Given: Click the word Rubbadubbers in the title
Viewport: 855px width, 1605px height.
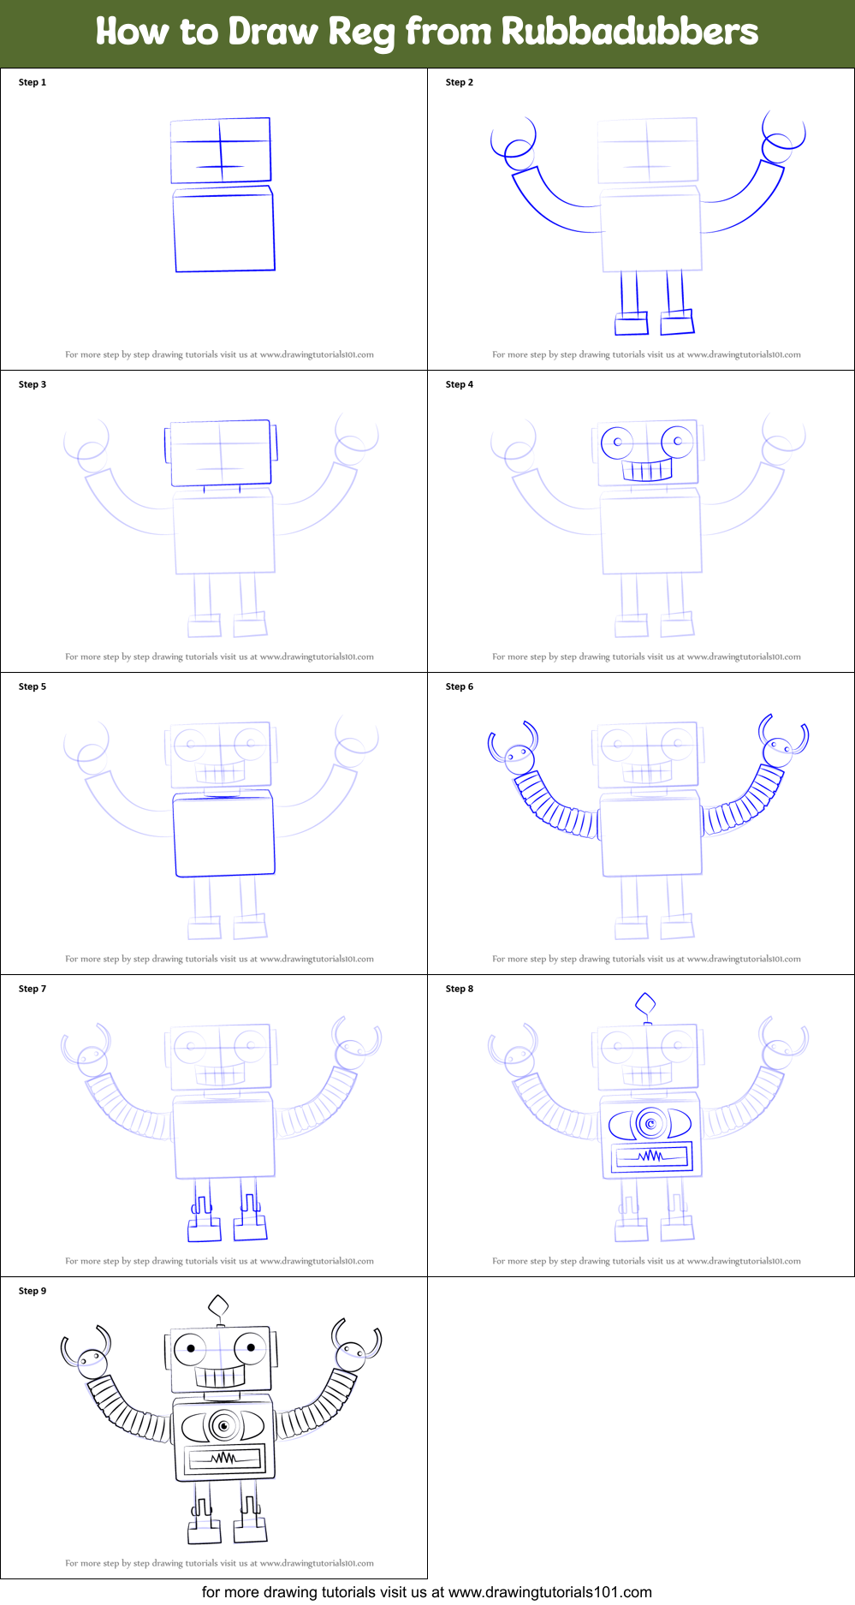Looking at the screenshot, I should click(x=629, y=32).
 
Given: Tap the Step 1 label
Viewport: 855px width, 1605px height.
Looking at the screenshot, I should click(x=33, y=82).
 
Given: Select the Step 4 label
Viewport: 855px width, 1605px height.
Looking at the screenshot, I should click(x=459, y=384).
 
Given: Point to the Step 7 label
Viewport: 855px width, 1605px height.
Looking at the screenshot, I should click(x=33, y=989).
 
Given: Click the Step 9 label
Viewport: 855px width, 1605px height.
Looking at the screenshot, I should click(x=33, y=1291).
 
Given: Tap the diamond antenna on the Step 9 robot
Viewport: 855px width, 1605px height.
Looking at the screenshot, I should click(x=219, y=1306).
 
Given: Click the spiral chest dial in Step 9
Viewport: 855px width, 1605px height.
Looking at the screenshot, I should click(x=224, y=1426).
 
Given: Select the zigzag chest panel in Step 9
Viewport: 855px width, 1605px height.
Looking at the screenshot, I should click(x=224, y=1458).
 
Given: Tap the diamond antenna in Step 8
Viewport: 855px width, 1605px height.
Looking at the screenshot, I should click(x=646, y=1003).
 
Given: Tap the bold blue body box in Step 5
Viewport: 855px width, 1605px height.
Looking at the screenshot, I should click(x=224, y=834).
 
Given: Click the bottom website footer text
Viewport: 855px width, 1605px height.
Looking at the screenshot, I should click(x=426, y=1592).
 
